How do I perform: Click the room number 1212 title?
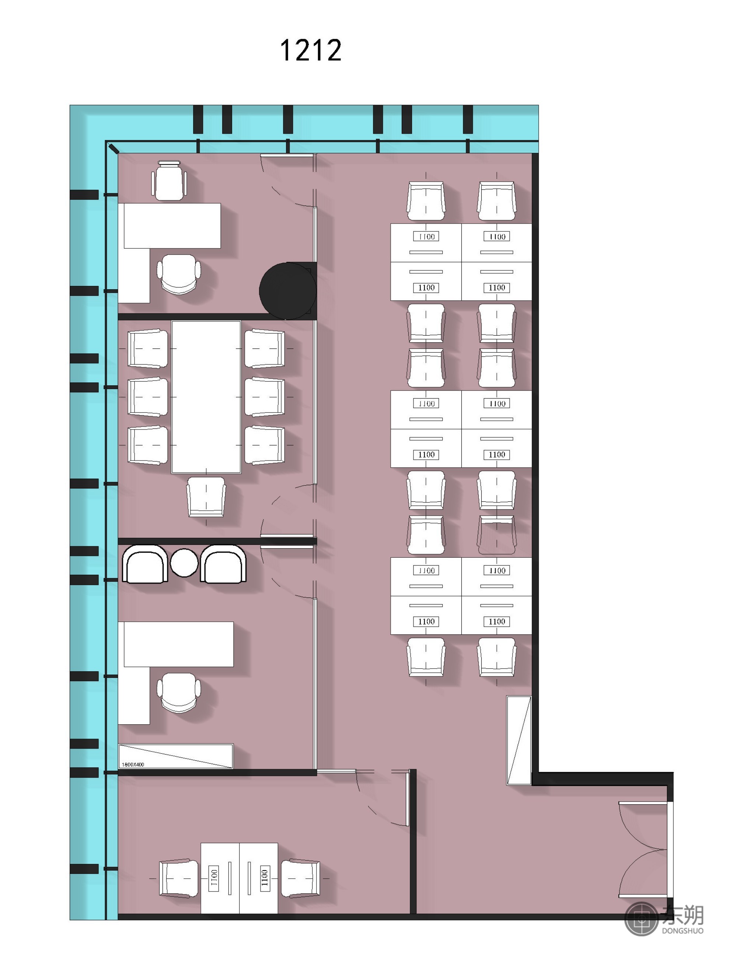311,50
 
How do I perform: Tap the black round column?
288,291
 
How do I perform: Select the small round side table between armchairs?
184,563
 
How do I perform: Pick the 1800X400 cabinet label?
133,764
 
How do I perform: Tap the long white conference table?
206,397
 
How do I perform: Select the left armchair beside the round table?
145,564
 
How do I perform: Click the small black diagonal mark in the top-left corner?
113,149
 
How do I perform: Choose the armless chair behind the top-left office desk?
169,181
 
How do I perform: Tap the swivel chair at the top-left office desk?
179,274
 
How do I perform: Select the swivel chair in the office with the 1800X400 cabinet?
179,693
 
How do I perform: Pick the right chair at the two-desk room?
300,878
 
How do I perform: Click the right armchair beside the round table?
223,564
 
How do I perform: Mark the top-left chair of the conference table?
147,349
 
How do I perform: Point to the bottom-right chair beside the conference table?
265,445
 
